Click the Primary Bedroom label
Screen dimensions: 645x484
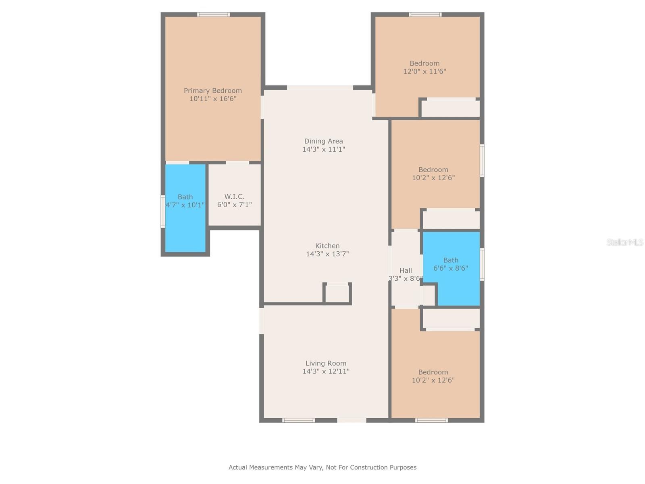tap(213, 90)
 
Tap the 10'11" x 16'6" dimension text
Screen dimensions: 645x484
tap(213, 99)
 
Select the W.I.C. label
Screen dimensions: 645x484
tap(234, 196)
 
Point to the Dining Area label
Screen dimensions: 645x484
tap(324, 141)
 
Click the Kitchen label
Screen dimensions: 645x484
tap(327, 246)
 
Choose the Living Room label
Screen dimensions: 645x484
tap(326, 363)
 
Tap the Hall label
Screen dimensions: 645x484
tap(406, 270)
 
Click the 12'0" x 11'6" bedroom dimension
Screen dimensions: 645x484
tap(424, 71)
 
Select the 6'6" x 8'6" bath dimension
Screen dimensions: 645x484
tap(451, 268)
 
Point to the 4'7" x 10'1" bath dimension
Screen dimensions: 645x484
tap(185, 205)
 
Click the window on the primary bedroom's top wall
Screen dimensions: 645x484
tap(213, 15)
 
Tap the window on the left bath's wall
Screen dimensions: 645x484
tap(163, 211)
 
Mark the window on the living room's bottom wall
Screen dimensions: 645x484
tap(299, 421)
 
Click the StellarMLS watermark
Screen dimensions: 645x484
tap(625, 242)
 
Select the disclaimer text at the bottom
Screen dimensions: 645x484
tap(322, 467)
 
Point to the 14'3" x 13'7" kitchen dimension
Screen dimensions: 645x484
tap(327, 254)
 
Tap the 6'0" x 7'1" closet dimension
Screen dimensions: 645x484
tap(234, 204)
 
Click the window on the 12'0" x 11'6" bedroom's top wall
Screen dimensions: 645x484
tap(425, 15)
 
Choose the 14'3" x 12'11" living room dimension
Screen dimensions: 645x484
tap(326, 371)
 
